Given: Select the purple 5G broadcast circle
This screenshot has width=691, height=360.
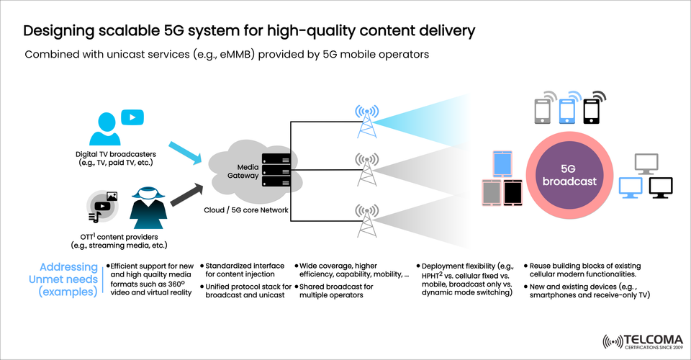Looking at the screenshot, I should [570, 174].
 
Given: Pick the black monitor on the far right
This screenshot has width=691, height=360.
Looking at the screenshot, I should [660, 186].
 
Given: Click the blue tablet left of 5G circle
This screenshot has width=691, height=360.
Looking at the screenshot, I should [502, 163].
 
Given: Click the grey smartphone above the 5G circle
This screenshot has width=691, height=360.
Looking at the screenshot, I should [543, 111].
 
